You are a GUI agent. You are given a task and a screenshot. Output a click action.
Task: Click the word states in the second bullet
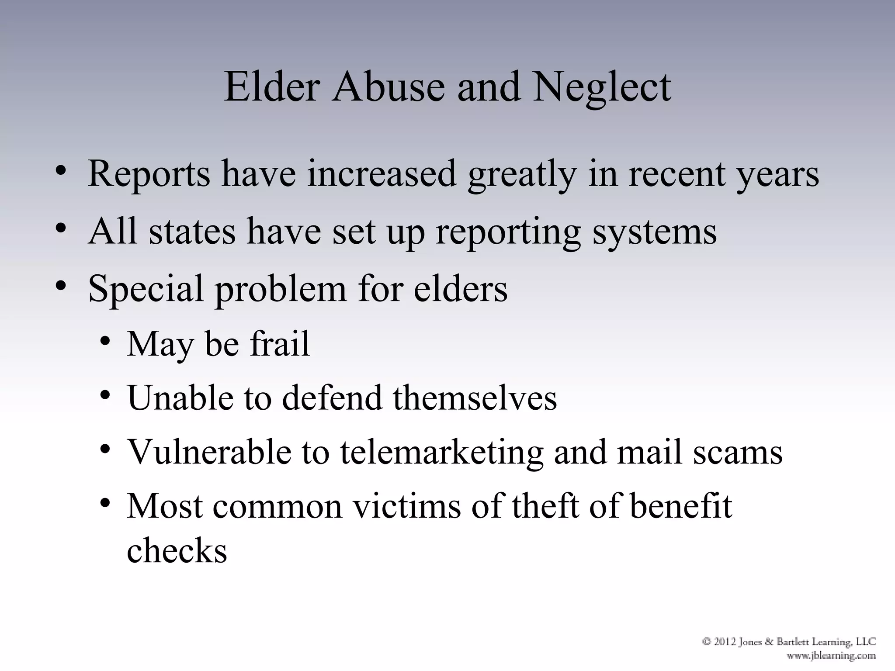tap(192, 231)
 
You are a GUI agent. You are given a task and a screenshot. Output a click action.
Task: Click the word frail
tap(280, 343)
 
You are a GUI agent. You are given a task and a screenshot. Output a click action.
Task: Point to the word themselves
tap(475, 398)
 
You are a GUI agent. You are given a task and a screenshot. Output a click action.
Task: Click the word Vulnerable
tap(209, 452)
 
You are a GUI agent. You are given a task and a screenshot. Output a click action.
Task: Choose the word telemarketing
tap(441, 452)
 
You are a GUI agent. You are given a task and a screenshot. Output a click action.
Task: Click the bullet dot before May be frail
tap(105, 341)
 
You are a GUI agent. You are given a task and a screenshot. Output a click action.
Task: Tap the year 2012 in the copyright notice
tap(725, 642)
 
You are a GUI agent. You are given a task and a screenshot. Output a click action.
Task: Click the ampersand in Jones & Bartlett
tap(768, 642)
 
